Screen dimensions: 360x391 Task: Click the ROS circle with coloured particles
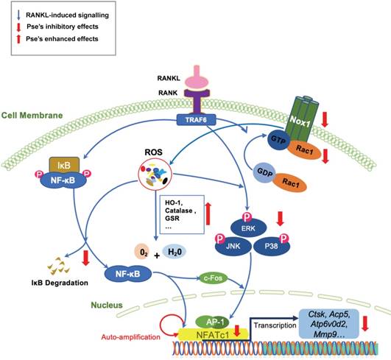[x=154, y=176]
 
